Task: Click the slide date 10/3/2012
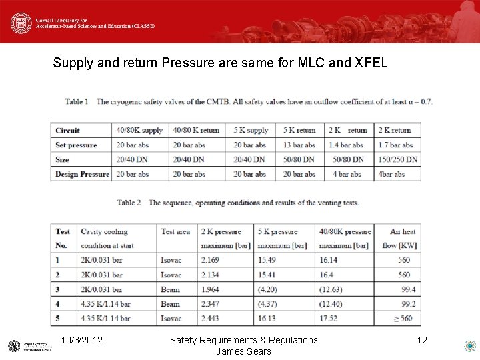pos(81,341)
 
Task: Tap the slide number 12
pos(422,341)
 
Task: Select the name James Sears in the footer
pos(243,351)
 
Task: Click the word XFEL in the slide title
pos(367,64)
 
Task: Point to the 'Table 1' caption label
pos(77,102)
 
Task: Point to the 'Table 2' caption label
pos(129,203)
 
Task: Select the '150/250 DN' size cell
pos(398,160)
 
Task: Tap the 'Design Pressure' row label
pos(82,175)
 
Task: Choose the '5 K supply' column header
pos(251,131)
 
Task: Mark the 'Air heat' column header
pos(403,232)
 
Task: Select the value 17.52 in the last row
pos(328,319)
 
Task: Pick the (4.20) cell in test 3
pos(268,290)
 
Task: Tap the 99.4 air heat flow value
pos(408,290)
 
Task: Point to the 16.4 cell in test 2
pos(326,275)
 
